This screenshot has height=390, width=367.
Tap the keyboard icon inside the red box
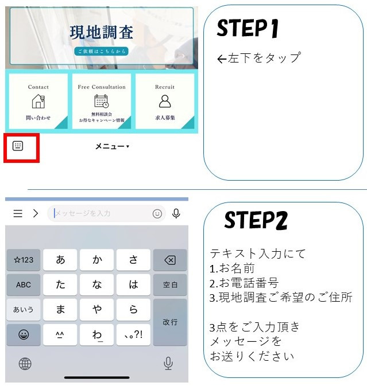tap(18, 146)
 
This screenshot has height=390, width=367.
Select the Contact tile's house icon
tap(38, 102)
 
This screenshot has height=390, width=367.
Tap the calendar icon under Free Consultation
tap(102, 102)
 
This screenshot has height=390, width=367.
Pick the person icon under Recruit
tap(165, 102)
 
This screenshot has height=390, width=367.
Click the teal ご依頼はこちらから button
tap(102, 51)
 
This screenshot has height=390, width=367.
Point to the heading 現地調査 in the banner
tap(102, 32)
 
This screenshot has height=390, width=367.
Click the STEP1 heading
tap(248, 28)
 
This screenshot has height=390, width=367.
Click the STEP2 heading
tap(256, 220)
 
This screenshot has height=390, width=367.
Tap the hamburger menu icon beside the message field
tap(18, 213)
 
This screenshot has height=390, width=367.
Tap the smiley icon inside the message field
tap(157, 214)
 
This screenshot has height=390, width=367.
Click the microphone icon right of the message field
tap(176, 214)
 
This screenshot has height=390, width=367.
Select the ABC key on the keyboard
tap(24, 285)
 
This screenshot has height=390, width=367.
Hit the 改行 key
tap(170, 322)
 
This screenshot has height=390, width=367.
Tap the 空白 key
tap(170, 285)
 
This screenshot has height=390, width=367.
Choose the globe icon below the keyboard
tap(25, 364)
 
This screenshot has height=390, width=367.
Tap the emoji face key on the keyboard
tap(24, 335)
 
